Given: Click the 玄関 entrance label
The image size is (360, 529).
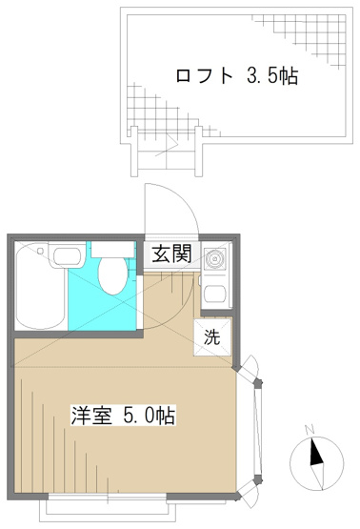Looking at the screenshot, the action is coord(172,254).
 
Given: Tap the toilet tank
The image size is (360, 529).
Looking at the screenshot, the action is coord(113,250).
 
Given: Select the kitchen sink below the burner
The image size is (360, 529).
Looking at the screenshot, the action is coord(214,295).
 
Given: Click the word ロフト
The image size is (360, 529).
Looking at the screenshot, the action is coord(203,76).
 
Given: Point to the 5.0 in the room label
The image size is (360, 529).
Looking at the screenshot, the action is coord(140,417).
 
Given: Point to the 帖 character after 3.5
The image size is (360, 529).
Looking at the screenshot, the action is coord(289,76).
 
